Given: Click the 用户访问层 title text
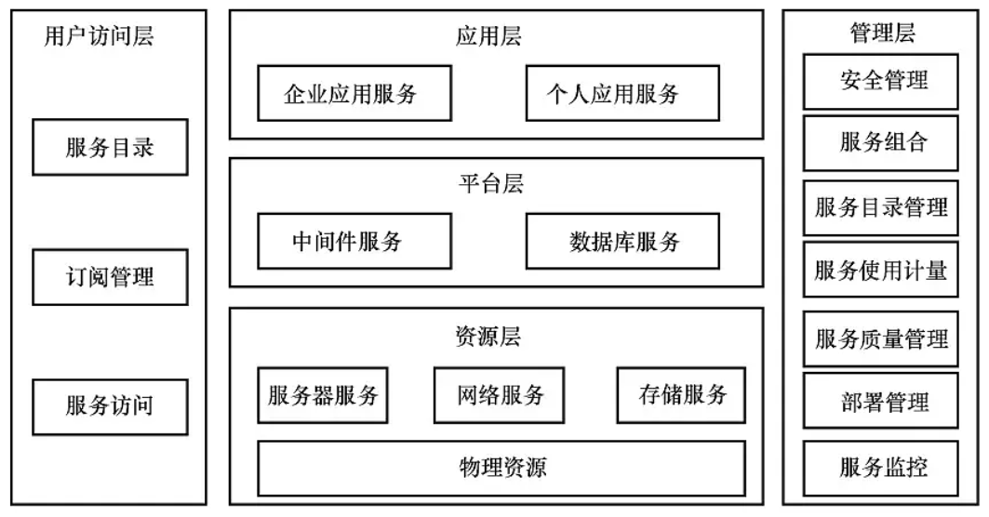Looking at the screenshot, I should click(99, 36).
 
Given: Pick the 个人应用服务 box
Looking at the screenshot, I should click(621, 93).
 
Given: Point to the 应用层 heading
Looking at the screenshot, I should click(489, 36).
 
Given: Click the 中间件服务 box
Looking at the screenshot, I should click(346, 242).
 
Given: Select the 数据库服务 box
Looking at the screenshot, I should click(622, 242).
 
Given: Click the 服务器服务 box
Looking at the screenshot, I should click(322, 394).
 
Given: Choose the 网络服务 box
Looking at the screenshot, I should click(501, 394).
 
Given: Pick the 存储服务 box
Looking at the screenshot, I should click(681, 394).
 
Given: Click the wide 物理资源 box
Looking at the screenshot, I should click(501, 468).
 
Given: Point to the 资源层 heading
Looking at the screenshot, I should click(489, 337).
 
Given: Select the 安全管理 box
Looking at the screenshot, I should click(880, 81).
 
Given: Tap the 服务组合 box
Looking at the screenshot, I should click(880, 144).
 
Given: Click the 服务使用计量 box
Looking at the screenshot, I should click(880, 270).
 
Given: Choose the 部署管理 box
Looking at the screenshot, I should click(880, 401).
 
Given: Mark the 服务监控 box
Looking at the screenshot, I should click(880, 466).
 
